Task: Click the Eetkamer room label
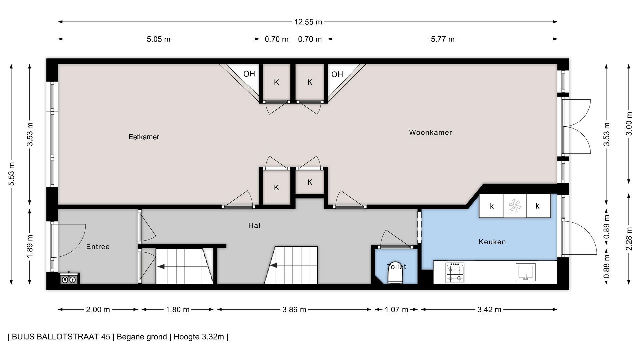click(144, 137)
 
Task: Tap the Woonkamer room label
click(430, 132)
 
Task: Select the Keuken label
click(492, 242)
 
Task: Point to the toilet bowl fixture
click(396, 272)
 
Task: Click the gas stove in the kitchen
click(455, 273)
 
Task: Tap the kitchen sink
click(526, 272)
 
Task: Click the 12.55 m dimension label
click(308, 22)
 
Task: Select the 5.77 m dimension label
click(442, 39)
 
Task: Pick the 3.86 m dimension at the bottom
click(294, 310)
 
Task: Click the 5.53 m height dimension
click(11, 174)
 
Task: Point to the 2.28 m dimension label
click(629, 239)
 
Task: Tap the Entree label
click(98, 247)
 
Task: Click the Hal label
click(254, 226)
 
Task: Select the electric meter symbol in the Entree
click(69, 279)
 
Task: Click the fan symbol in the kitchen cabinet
click(515, 206)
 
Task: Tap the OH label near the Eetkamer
click(249, 74)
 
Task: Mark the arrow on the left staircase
click(161, 266)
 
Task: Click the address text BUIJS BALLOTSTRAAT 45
click(61, 337)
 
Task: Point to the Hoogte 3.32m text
click(199, 337)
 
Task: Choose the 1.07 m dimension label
click(396, 310)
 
